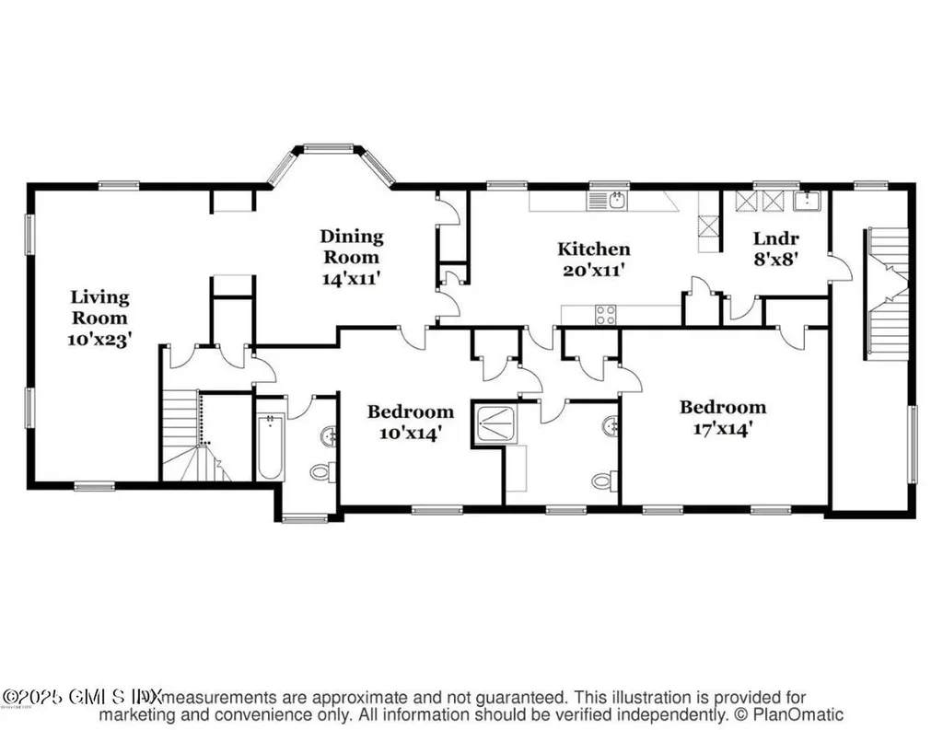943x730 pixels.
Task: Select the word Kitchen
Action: [x=594, y=249]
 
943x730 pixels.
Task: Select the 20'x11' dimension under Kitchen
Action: [x=594, y=271]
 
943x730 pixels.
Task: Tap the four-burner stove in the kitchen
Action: [x=605, y=314]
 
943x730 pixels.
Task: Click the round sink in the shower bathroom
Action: [x=610, y=426]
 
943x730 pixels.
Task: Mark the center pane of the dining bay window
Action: [x=329, y=147]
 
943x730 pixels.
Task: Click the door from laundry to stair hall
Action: [x=840, y=269]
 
